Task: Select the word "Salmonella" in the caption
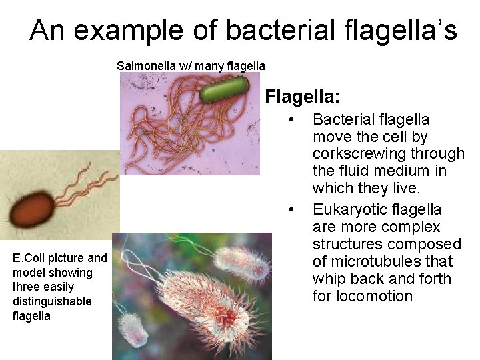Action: coord(143,66)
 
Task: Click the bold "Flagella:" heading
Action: coord(303,97)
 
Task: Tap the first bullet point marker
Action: coord(291,120)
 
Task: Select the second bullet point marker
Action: coord(291,211)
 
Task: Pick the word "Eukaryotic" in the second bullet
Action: coord(346,209)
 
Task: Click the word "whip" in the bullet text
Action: coord(328,279)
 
